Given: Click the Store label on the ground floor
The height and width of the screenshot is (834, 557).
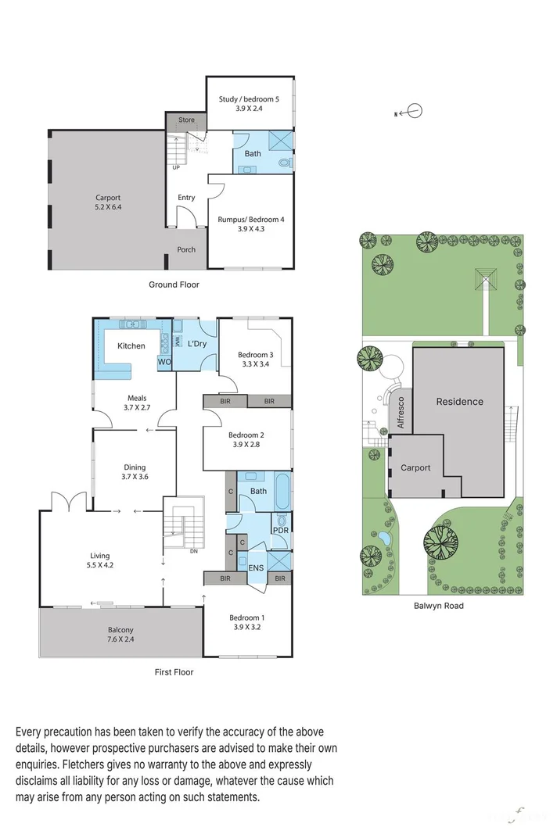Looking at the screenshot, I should pyautogui.click(x=186, y=120).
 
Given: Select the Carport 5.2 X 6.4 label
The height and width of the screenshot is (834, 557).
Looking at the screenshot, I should pyautogui.click(x=109, y=202).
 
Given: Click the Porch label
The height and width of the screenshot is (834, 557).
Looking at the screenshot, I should pyautogui.click(x=186, y=250).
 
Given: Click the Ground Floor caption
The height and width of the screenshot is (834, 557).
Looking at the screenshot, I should pyautogui.click(x=174, y=285).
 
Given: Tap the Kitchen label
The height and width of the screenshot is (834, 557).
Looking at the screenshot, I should pyautogui.click(x=131, y=345).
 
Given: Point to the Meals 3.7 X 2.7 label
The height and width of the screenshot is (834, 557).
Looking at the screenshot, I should pyautogui.click(x=134, y=403).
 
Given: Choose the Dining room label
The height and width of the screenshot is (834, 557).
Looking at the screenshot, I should pyautogui.click(x=134, y=467).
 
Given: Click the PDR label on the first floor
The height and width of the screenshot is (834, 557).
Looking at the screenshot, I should pyautogui.click(x=279, y=531).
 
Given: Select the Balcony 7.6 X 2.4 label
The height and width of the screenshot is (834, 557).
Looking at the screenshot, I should pyautogui.click(x=120, y=635).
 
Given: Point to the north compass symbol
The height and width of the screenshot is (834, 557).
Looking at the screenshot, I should pyautogui.click(x=414, y=112).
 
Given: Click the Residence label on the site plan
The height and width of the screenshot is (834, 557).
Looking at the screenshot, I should pyautogui.click(x=459, y=402).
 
